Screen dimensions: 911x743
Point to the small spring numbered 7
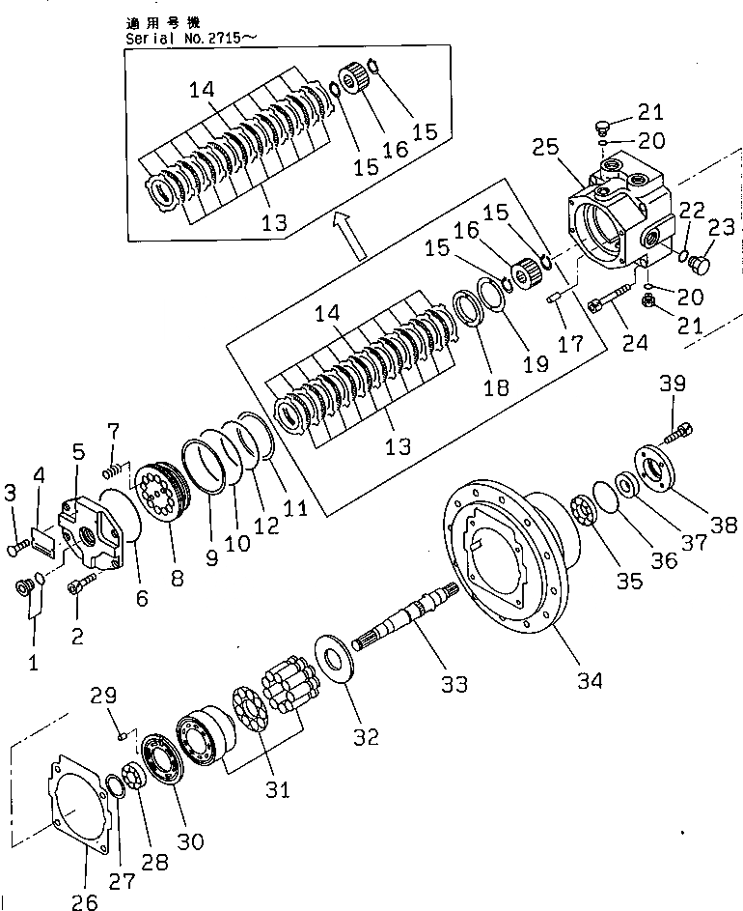114,470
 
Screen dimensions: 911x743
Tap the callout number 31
278,789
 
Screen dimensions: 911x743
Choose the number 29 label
104,695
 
